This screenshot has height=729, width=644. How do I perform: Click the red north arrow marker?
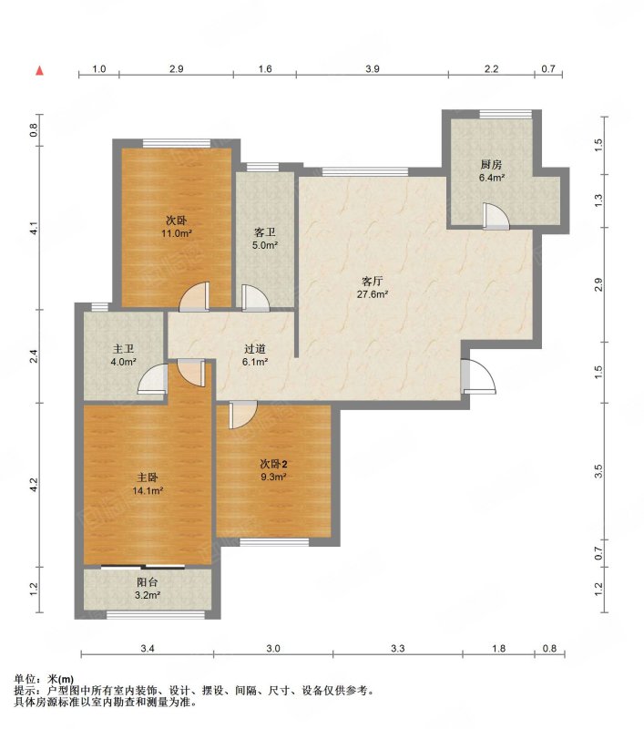[40, 71]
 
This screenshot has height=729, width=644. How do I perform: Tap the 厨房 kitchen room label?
[491, 165]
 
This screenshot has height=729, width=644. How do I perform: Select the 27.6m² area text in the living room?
[373, 294]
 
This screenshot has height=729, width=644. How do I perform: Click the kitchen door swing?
[496, 216]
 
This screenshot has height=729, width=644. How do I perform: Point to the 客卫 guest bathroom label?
[265, 232]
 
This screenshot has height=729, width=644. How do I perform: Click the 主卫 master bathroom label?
[124, 349]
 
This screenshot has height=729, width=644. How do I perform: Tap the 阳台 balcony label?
[148, 582]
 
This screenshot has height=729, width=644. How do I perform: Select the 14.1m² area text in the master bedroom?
[148, 490]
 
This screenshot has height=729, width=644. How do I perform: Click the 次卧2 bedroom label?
[273, 464]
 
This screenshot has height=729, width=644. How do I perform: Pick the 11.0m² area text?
[177, 233]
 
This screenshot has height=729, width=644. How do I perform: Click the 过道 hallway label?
[255, 349]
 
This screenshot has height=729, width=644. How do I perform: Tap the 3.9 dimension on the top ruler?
[373, 69]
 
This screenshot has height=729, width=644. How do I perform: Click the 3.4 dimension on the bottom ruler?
[148, 648]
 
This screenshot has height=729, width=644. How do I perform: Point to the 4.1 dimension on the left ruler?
[34, 229]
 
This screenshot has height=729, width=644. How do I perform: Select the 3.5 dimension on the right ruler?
[598, 471]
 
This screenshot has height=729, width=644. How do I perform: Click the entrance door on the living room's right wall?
[478, 376]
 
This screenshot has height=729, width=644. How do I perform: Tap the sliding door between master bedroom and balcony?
[143, 567]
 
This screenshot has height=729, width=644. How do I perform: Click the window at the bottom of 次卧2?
[274, 542]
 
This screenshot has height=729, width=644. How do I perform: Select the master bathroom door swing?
[153, 379]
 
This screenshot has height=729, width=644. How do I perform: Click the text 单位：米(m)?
[44, 679]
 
